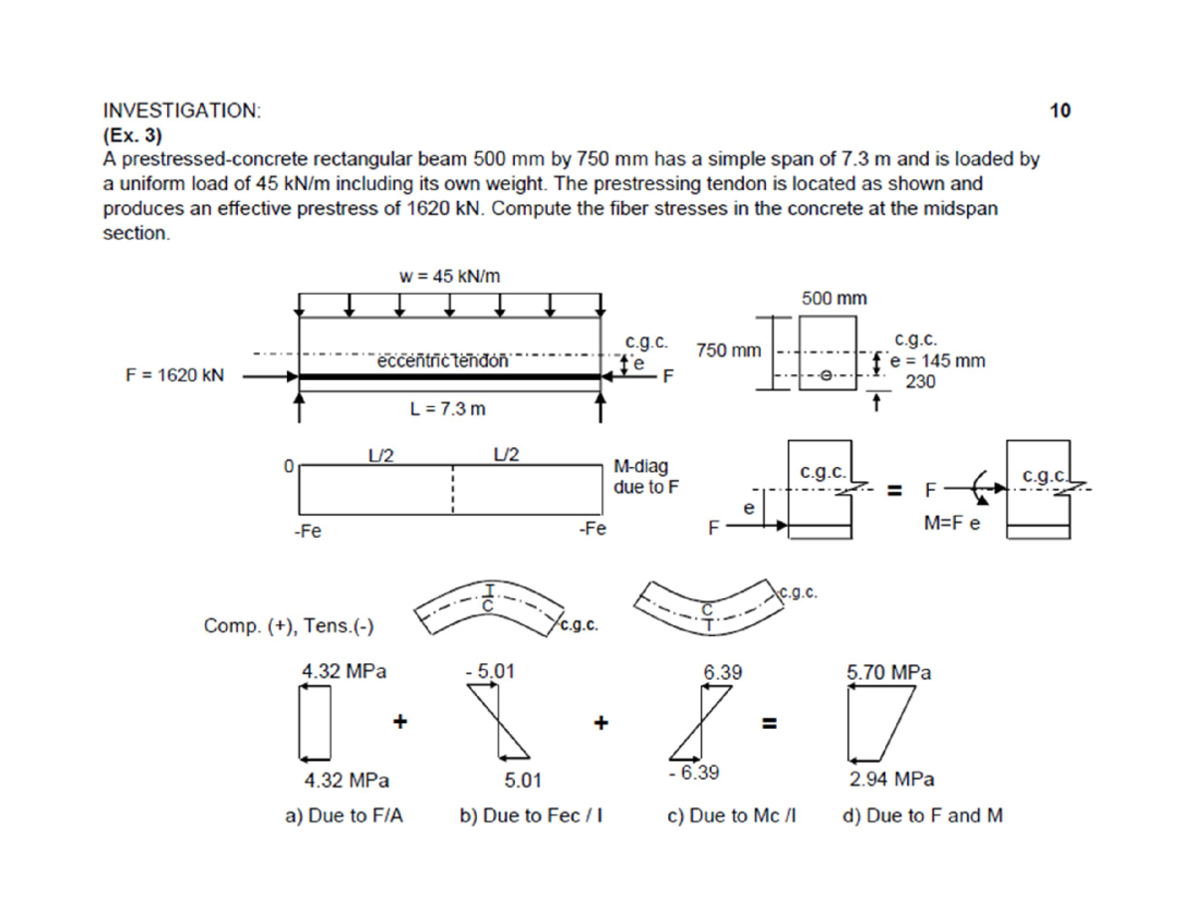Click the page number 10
point(1061,111)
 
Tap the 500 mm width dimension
point(834,298)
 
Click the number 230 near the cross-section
point(919,380)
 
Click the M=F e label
point(953,526)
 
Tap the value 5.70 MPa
point(888,672)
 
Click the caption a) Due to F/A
point(345,816)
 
